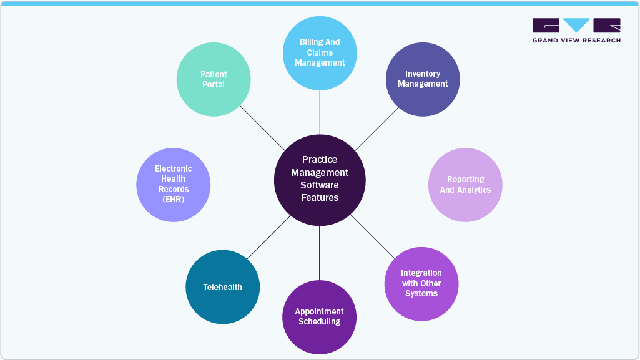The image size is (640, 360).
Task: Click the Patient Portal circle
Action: coord(214,79)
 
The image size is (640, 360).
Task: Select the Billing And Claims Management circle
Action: coord(320,53)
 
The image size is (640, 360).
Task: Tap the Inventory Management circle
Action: coord(423,79)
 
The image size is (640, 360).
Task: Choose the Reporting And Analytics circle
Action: coord(465,185)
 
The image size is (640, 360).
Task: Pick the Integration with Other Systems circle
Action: coord(421,284)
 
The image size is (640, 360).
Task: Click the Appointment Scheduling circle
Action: coord(319,317)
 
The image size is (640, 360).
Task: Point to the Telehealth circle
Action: coord(222,287)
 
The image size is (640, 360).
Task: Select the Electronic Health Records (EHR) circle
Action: coord(174,185)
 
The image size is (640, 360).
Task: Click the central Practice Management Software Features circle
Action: coord(320,180)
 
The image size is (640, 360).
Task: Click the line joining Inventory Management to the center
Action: coord(377,129)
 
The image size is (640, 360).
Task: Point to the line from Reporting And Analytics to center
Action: coord(396,185)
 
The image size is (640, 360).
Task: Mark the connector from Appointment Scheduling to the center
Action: coord(320,253)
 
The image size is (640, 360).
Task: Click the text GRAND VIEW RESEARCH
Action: coord(576,41)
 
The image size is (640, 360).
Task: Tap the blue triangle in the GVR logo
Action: coord(576,24)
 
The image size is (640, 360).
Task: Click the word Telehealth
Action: coord(222,287)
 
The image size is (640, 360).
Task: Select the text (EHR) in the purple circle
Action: coord(174,200)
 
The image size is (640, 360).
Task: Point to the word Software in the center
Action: coord(320,185)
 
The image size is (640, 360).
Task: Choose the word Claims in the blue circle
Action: coord(320,52)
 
